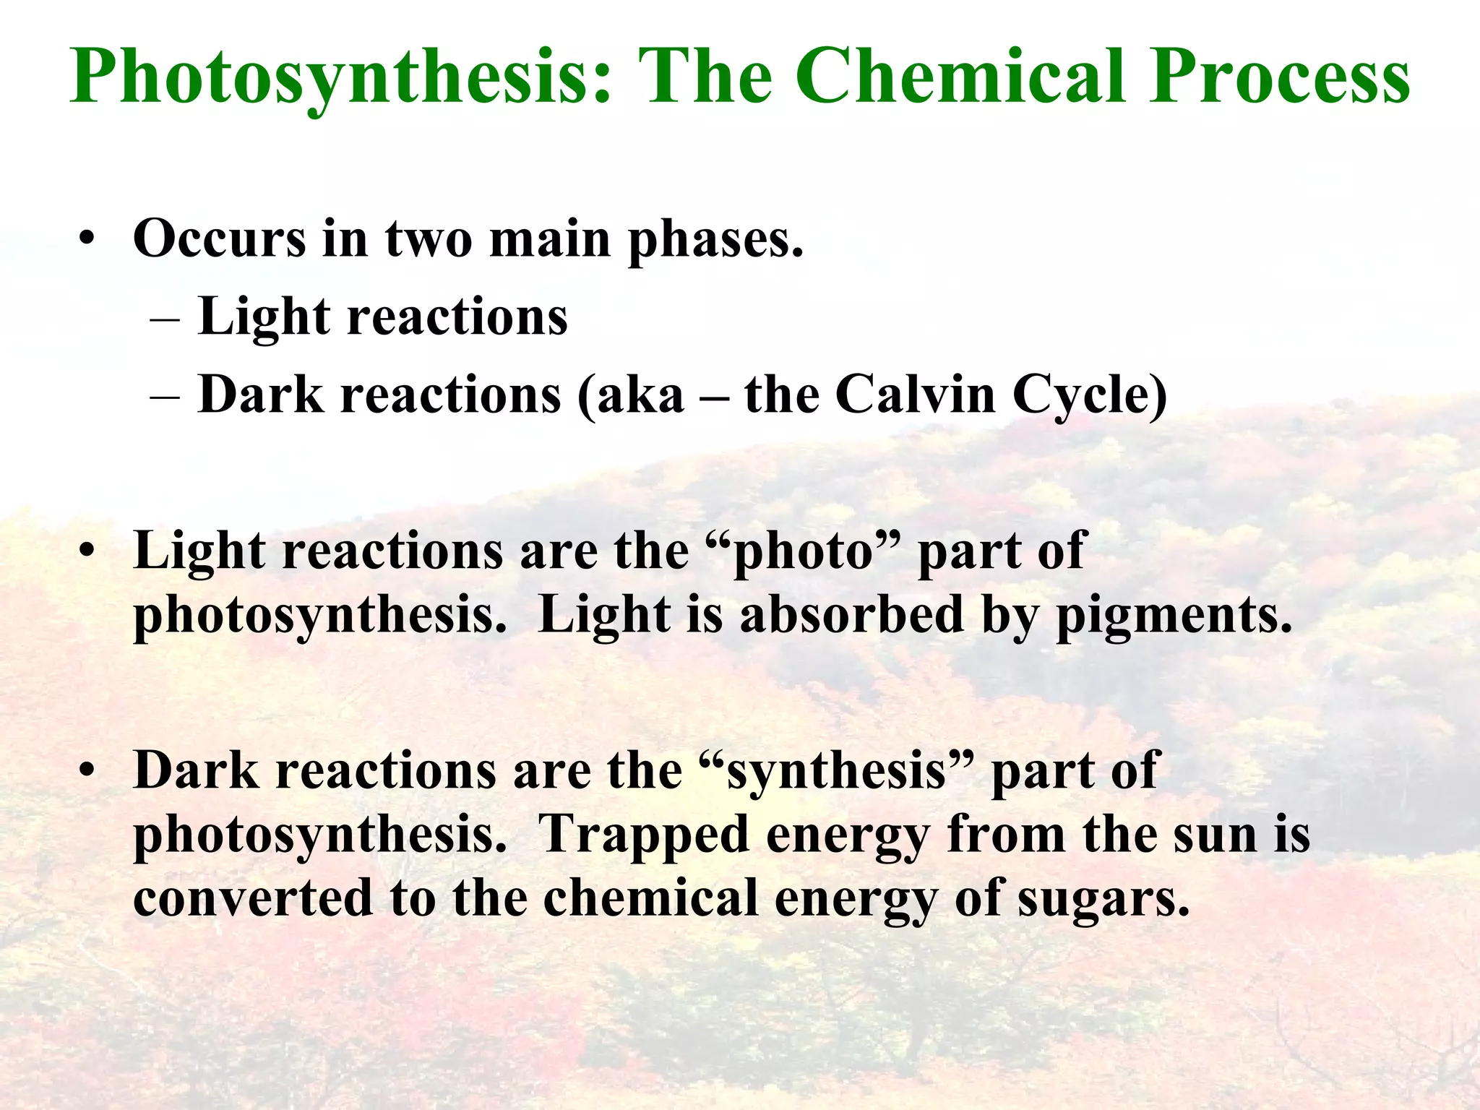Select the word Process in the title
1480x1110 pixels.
tap(1280, 76)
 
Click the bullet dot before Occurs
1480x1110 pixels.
tap(87, 241)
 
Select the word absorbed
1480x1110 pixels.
tap(852, 614)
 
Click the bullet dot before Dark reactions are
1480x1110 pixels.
tap(87, 770)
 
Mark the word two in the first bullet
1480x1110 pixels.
tap(429, 238)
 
